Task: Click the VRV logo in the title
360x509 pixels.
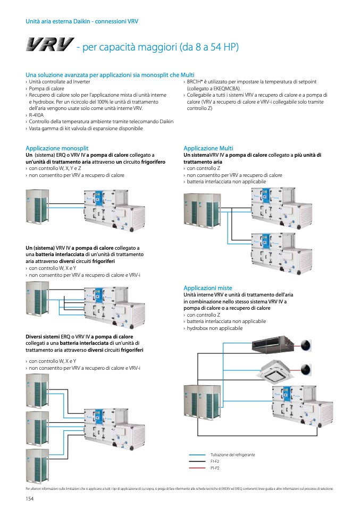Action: coord(49,47)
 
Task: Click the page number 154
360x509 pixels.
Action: coord(30,498)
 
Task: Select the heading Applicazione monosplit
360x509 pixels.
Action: coord(57,148)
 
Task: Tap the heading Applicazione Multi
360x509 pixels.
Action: coord(208,148)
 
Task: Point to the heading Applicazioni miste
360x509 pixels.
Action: coord(207,288)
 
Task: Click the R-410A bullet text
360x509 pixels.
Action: coord(36,115)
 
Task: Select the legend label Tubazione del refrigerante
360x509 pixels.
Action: coord(232,455)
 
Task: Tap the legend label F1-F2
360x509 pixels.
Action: coord(215,462)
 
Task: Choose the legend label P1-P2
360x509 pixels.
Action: coord(215,468)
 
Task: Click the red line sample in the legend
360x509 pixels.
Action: coord(197,468)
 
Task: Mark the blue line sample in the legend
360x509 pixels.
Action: coord(197,455)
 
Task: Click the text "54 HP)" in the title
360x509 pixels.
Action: coord(223,47)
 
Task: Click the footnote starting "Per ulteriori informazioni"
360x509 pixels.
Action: coord(179,488)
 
